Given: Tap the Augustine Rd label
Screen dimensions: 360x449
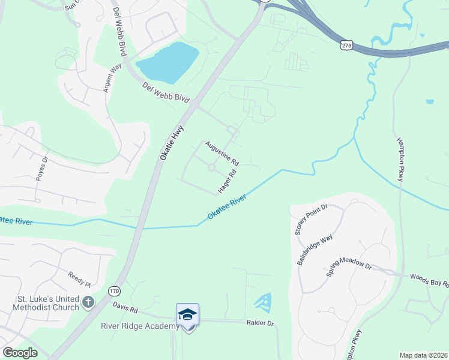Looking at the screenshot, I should pyautogui.click(x=221, y=154).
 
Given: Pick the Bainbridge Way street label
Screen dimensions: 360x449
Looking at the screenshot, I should pyautogui.click(x=315, y=248).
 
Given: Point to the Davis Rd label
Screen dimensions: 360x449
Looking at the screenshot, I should pyautogui.click(x=125, y=307).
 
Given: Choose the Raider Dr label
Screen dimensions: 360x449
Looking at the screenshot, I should pyautogui.click(x=260, y=323).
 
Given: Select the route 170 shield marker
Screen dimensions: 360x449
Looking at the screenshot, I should pyautogui.click(x=114, y=290).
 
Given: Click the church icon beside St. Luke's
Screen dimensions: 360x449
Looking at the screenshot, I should pyautogui.click(x=88, y=301).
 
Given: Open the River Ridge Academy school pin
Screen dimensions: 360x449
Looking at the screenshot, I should pyautogui.click(x=187, y=315).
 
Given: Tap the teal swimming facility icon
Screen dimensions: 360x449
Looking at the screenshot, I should pyautogui.click(x=263, y=300).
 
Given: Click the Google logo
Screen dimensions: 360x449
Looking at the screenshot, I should pyautogui.click(x=19, y=353).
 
